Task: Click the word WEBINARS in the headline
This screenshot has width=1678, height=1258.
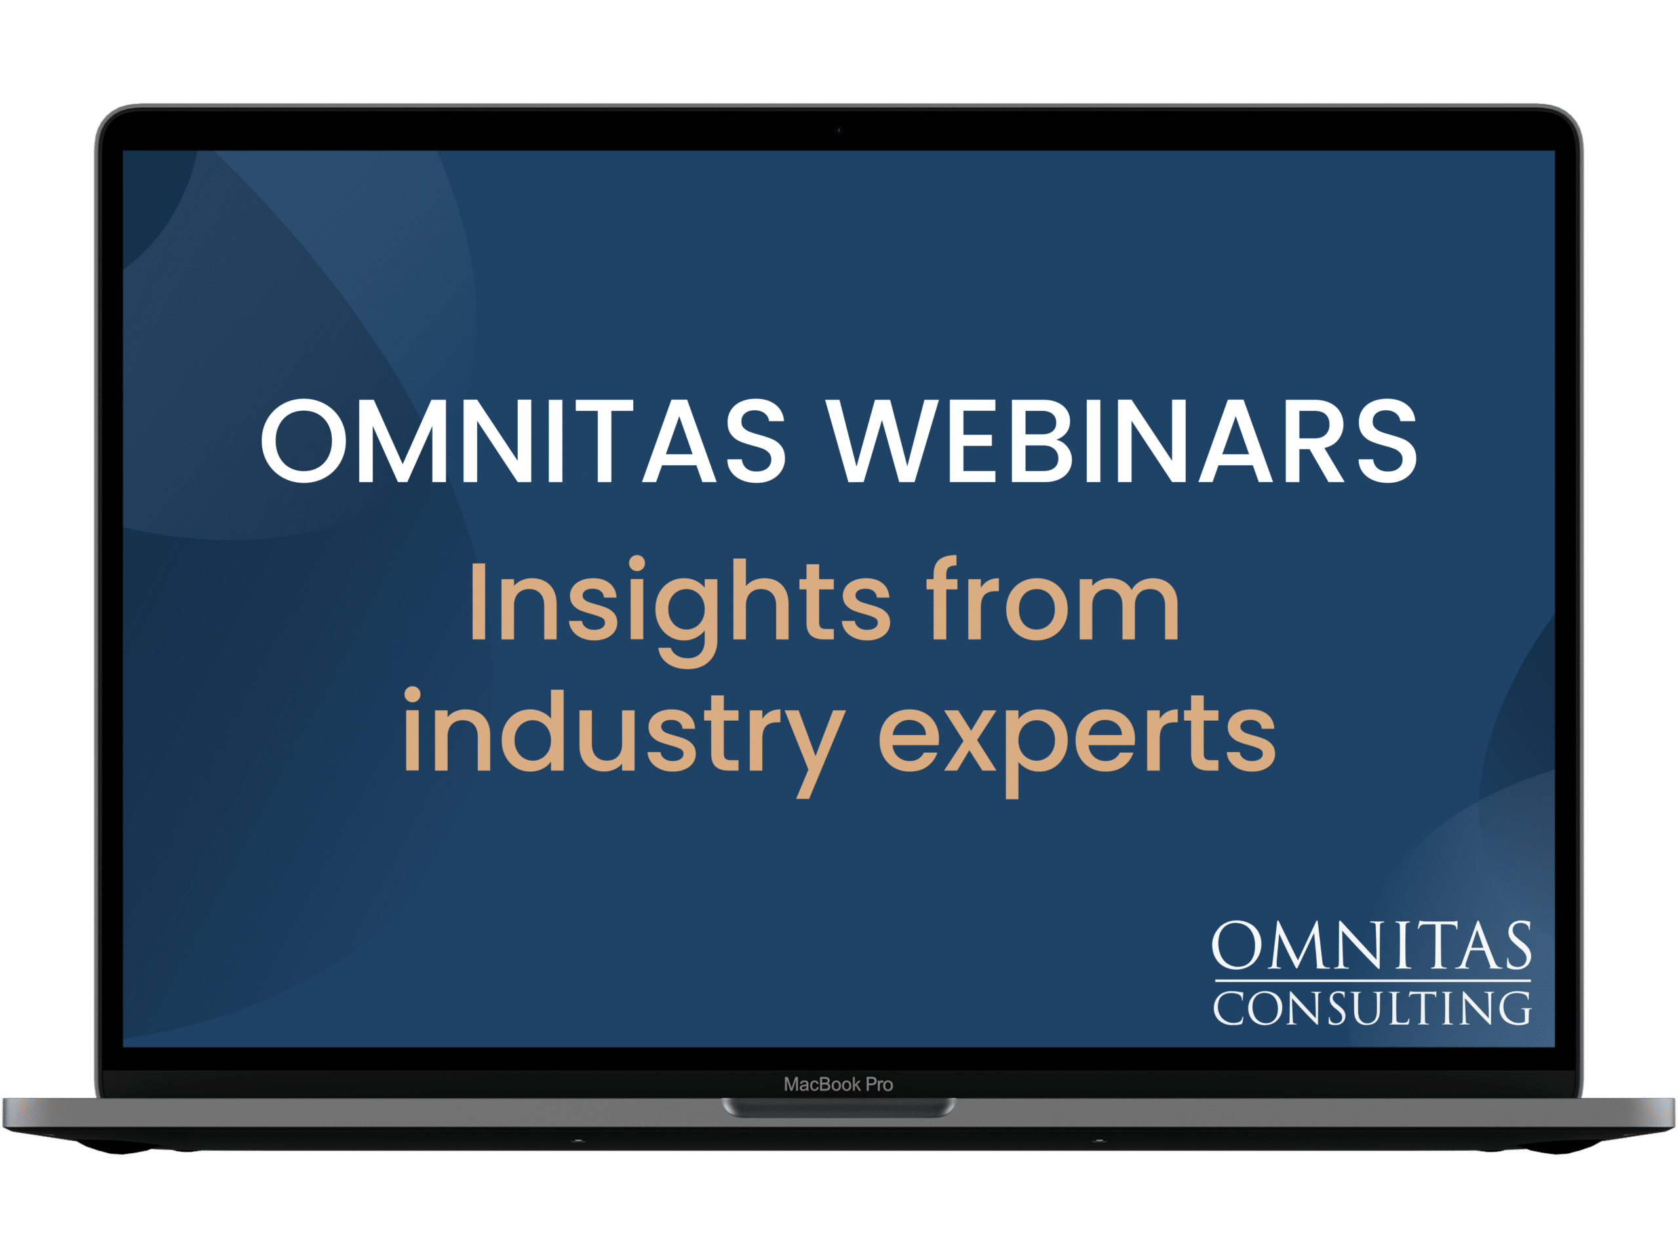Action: coord(1122,440)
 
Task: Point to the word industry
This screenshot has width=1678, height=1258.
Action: coord(623,743)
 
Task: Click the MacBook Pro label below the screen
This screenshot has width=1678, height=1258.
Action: coord(838,1084)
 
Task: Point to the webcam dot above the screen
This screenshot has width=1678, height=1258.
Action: coord(838,130)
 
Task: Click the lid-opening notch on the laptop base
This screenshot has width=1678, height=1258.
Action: coord(838,1108)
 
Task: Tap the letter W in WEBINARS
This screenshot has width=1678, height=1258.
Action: coord(880,440)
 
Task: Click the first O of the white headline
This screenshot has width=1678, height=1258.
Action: coord(304,440)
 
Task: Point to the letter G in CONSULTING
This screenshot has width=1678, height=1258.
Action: coord(1514,1008)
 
